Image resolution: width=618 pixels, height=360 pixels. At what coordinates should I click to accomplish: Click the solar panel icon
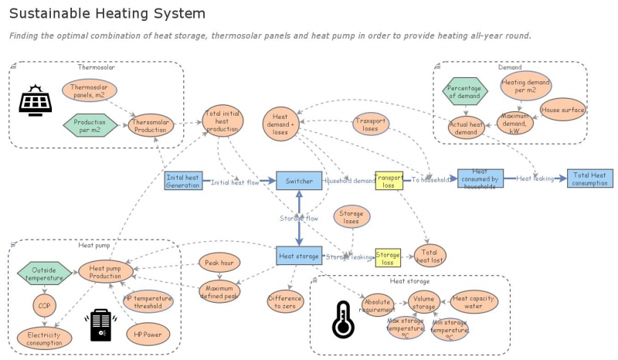point(35,100)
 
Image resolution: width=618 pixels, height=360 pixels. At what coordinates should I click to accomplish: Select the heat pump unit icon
point(102,325)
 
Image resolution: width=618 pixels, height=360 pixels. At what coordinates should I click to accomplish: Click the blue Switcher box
point(299,182)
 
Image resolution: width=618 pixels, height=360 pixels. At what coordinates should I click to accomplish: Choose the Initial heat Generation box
point(183,181)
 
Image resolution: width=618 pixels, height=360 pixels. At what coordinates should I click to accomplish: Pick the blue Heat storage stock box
point(299,255)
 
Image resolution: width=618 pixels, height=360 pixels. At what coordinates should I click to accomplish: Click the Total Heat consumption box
point(590,178)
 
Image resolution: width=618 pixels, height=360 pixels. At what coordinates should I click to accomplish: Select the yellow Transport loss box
point(389,181)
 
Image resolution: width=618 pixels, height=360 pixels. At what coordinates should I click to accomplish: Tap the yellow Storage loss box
point(388,257)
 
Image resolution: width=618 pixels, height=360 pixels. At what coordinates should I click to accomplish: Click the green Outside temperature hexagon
point(44,273)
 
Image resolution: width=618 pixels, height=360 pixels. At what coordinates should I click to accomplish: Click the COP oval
point(44,305)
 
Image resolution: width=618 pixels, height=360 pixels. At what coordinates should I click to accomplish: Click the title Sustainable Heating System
point(107,13)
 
